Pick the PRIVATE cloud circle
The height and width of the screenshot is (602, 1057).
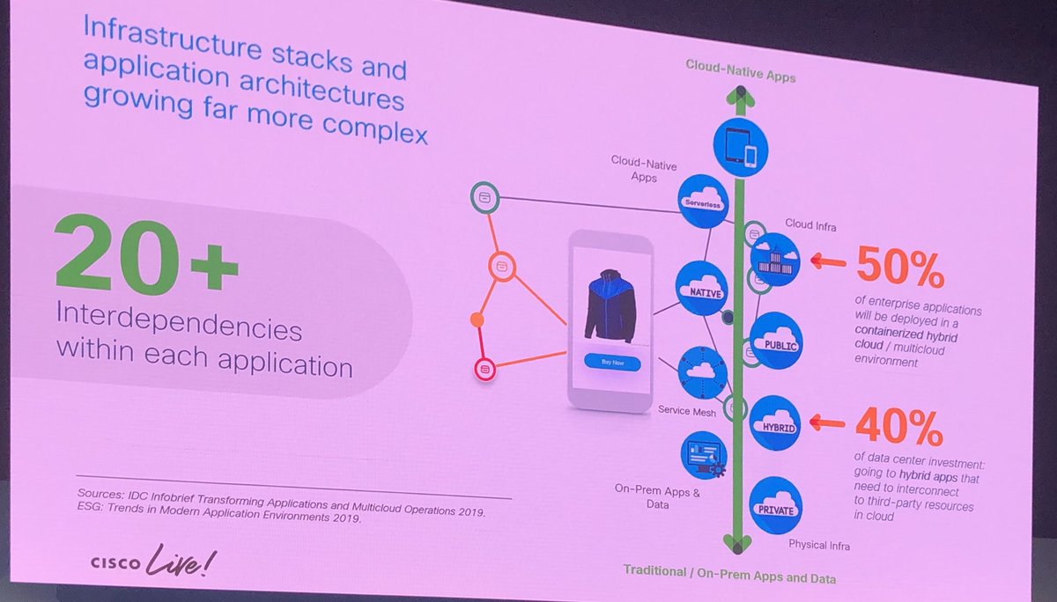[775, 503]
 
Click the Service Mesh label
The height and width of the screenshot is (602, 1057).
[687, 410]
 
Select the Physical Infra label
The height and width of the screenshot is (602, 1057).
[819, 545]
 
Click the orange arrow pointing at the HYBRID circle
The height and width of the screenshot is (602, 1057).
[826, 423]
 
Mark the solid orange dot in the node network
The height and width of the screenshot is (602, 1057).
[477, 318]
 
